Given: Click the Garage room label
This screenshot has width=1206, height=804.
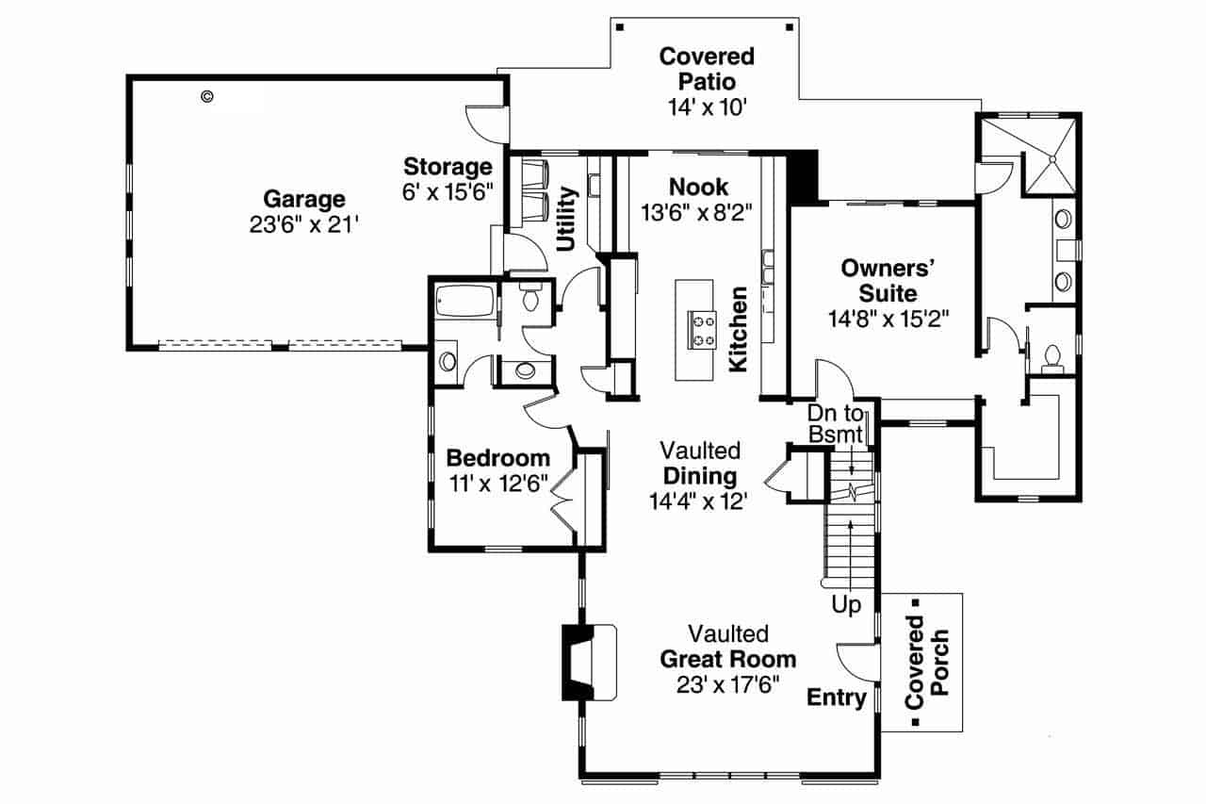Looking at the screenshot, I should click(x=303, y=199).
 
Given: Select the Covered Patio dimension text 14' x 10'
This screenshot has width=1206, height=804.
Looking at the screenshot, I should click(x=707, y=107).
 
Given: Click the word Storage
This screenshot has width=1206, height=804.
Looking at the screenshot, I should click(x=448, y=167).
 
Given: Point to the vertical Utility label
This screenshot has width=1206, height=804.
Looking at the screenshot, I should click(x=566, y=219).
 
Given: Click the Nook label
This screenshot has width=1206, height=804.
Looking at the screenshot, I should click(x=698, y=186).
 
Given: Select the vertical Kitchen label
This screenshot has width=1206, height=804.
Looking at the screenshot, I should click(x=739, y=329).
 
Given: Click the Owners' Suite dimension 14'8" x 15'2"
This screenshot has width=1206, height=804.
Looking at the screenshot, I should click(x=888, y=319).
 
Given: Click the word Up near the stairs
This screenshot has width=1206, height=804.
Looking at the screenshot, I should click(x=846, y=605).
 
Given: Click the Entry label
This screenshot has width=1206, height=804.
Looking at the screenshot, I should click(x=837, y=697).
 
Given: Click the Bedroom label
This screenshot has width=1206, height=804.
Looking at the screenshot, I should click(x=497, y=458).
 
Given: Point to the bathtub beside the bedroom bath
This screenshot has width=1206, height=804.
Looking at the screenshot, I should click(x=464, y=304).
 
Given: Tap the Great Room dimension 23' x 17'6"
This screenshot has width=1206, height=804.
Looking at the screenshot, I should click(x=726, y=683).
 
